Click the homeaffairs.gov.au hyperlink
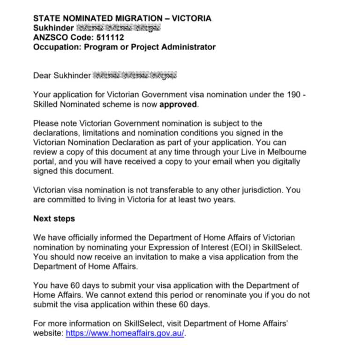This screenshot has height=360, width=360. click(125, 333)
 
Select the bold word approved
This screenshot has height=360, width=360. click(178, 105)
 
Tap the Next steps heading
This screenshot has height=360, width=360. click(54, 218)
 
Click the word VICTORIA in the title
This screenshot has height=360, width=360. click(191, 18)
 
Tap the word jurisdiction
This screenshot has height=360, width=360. click(260, 190)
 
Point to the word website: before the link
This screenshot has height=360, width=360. click(48, 333)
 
